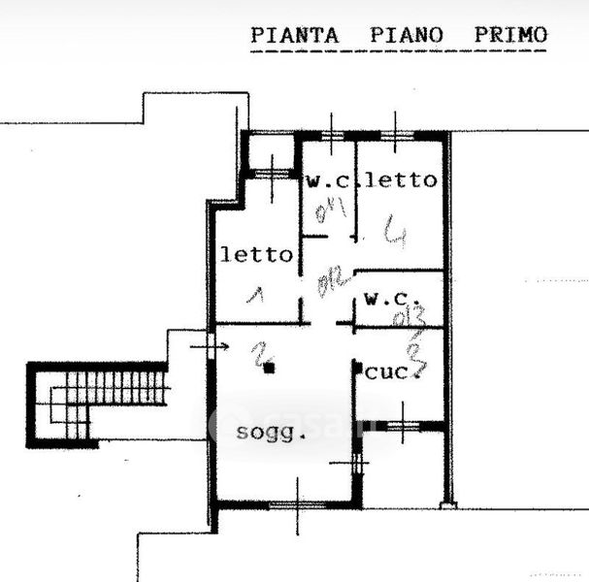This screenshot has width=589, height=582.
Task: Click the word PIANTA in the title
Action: pyautogui.click(x=295, y=35)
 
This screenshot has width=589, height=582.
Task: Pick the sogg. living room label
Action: pyautogui.click(x=271, y=433)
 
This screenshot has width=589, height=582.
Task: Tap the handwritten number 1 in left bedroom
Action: pyautogui.click(x=257, y=293)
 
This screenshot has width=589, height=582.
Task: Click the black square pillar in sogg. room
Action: pyautogui.click(x=273, y=368)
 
